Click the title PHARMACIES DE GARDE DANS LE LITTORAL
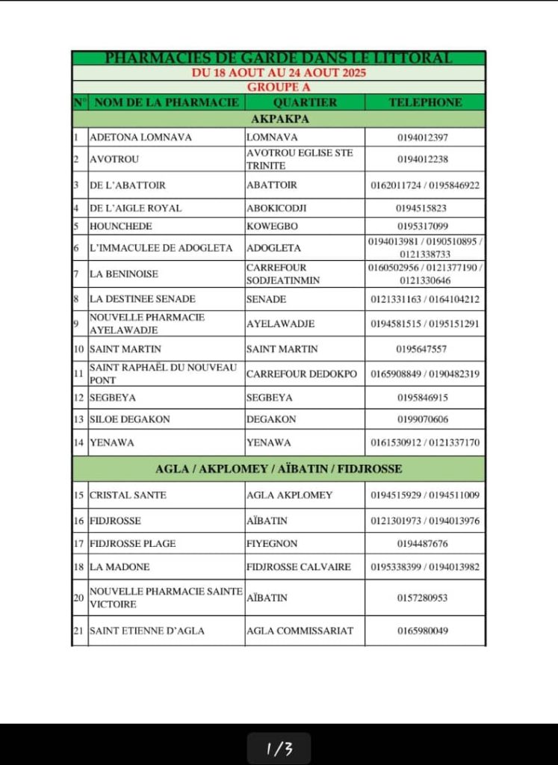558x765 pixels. [278, 58]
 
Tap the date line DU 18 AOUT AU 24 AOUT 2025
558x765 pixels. [278, 73]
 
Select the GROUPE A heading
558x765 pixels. [278, 87]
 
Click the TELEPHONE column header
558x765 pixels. [425, 102]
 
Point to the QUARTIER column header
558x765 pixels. [305, 102]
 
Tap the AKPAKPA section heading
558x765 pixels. [278, 119]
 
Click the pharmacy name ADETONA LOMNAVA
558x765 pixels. [140, 137]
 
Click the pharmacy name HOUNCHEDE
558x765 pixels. [120, 226]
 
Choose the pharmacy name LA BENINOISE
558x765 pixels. [124, 274]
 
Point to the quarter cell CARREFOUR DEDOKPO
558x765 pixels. [302, 374]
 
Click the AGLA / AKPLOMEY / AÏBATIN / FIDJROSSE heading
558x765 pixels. [278, 469]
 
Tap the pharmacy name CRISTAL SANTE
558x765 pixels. [128, 495]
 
